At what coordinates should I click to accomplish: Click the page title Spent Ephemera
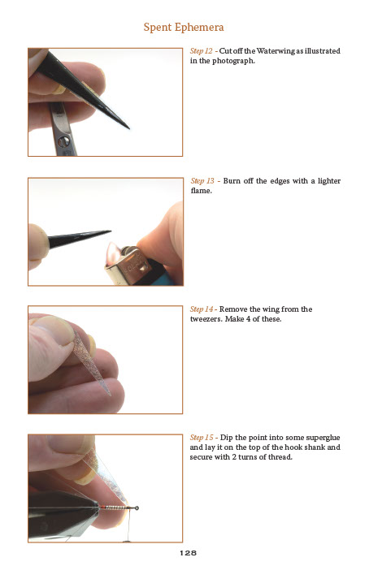(184, 27)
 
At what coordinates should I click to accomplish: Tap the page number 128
(188, 553)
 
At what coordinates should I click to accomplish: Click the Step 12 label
(202, 51)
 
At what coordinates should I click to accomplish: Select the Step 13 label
(202, 180)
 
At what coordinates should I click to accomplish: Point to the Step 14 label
(202, 309)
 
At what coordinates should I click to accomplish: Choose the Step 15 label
(202, 438)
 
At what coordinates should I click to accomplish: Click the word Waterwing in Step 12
(276, 51)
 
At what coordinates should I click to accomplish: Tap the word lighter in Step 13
(329, 180)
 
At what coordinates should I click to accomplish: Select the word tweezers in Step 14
(206, 319)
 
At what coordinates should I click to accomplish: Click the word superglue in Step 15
(323, 438)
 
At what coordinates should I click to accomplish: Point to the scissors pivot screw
(64, 141)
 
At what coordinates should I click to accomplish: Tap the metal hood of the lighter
(128, 266)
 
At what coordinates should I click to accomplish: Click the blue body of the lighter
(162, 275)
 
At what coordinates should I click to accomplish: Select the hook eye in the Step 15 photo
(137, 508)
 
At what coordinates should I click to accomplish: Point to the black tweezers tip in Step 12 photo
(128, 127)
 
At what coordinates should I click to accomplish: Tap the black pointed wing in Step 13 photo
(80, 238)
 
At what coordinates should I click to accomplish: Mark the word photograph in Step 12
(233, 61)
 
